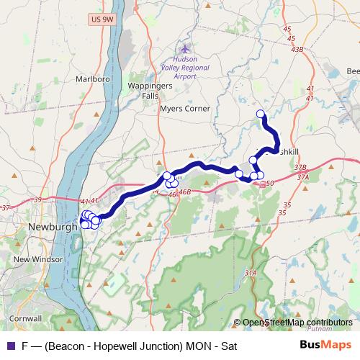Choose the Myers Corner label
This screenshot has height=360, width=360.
(x=186, y=109)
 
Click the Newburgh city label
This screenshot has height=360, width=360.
(x=52, y=227)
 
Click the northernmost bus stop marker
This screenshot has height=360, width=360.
(x=261, y=113)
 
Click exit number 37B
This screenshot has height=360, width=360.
(x=300, y=167)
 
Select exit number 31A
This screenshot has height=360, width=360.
(x=251, y=273)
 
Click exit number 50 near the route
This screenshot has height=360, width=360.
(x=270, y=184)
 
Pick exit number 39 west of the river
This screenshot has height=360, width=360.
(x=38, y=199)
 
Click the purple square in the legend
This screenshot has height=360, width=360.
(x=9, y=345)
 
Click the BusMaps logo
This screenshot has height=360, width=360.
(x=325, y=344)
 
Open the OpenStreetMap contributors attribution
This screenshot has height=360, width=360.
(x=297, y=323)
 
